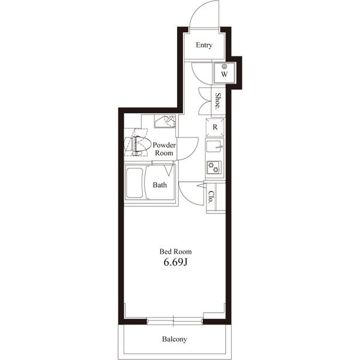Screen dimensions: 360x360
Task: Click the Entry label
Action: point(204,45)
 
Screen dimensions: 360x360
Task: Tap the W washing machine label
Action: point(224,74)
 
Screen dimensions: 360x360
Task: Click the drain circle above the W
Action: point(224,67)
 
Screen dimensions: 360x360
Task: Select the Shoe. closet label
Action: point(218,101)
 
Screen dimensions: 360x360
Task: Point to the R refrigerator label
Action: point(215,127)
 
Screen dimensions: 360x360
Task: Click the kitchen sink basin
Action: point(214,146)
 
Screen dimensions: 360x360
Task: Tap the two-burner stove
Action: point(214,167)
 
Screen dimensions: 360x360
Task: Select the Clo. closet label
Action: point(211,197)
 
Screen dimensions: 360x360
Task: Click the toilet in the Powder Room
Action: point(137,146)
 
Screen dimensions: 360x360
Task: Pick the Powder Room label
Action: point(164,149)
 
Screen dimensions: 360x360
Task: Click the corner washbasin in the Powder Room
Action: point(165,121)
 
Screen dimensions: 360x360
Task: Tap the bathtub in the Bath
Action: point(134,183)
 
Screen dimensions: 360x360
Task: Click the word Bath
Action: point(160,185)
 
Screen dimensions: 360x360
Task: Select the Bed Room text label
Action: point(176,251)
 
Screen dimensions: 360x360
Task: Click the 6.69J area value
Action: point(176,262)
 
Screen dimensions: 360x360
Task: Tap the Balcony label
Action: point(175,339)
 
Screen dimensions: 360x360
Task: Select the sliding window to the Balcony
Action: point(175,321)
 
